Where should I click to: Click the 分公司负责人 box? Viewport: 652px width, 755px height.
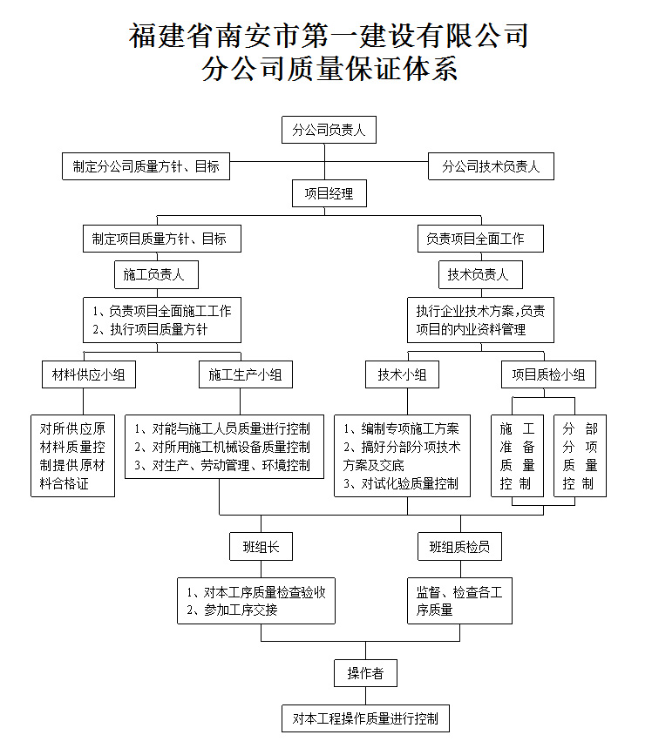[329, 130]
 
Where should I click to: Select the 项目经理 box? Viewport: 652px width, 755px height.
[329, 193]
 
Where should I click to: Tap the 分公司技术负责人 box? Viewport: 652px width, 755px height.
[491, 166]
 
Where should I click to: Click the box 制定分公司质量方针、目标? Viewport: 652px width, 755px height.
[146, 166]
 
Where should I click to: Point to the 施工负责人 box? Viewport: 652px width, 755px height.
[156, 275]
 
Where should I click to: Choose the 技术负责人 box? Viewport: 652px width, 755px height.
[480, 275]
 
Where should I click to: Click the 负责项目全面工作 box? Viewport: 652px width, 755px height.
[480, 239]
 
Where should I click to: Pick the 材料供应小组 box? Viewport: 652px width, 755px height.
[89, 374]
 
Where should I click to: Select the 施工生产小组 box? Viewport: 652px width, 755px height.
[246, 374]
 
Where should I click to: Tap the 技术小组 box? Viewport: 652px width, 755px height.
[402, 374]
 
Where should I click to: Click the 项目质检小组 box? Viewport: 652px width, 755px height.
[548, 374]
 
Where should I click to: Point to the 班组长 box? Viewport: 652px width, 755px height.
[261, 547]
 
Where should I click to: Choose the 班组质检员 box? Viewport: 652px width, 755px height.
[459, 547]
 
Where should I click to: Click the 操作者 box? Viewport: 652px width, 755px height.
[366, 673]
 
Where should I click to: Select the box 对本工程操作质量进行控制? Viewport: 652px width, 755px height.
[366, 718]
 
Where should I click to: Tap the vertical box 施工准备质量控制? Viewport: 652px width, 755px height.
[517, 456]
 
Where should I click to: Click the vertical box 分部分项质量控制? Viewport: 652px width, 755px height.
[581, 456]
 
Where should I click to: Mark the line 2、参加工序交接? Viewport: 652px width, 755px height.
[232, 610]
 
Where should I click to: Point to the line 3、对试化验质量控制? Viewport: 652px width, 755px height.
[401, 483]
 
